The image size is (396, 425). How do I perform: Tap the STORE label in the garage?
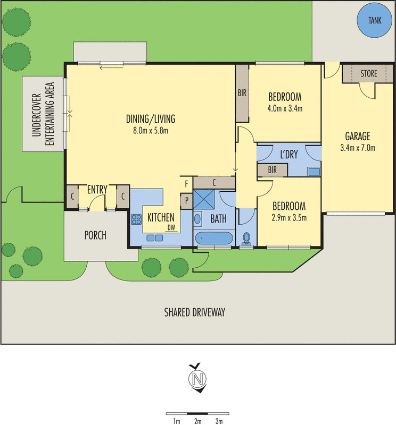pyautogui.click(x=369, y=73)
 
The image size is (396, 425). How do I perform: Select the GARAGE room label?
pyautogui.click(x=357, y=136)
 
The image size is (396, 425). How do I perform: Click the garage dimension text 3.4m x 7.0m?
pyautogui.click(x=357, y=148)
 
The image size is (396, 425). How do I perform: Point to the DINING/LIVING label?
pyautogui.click(x=151, y=118)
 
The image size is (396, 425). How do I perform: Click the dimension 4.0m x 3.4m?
pyautogui.click(x=285, y=109)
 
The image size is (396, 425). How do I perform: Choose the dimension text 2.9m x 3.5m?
pyautogui.click(x=289, y=217)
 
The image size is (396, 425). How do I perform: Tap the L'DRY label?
pyautogui.click(x=288, y=155)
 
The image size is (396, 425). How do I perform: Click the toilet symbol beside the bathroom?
pyautogui.click(x=247, y=237)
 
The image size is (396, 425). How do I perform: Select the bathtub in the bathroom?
pyautogui.click(x=213, y=238)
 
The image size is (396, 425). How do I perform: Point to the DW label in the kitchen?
pyautogui.click(x=171, y=228)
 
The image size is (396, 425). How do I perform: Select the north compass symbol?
pyautogui.click(x=198, y=379)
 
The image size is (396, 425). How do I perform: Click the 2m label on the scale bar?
pyautogui.click(x=197, y=421)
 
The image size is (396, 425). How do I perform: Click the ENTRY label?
pyautogui.click(x=97, y=189)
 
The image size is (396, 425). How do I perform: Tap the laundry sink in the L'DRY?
pyautogui.click(x=313, y=171)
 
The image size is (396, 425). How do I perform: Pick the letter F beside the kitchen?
pyautogui.click(x=186, y=184)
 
